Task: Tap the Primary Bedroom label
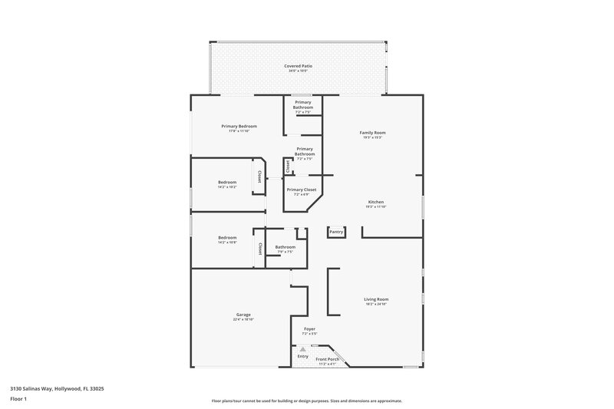pos(239,126)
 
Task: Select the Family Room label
pos(373,133)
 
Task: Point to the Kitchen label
pos(376,202)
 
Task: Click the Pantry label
pos(335,232)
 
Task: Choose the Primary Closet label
pos(302,190)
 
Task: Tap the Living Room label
pos(376,299)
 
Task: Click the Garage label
pos(243,315)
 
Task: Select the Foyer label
pos(309,329)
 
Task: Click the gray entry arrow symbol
pos(303,349)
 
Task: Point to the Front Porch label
pos(328,359)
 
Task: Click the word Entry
pos(303,356)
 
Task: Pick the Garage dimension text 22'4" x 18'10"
pos(243,319)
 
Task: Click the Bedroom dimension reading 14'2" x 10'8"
pos(227,242)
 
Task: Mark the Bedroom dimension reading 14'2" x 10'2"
pos(227,186)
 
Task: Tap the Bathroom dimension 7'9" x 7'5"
pos(285,252)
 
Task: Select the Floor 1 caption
pos(18,400)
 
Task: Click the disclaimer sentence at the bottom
pos(306,401)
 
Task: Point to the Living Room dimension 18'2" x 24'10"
pos(376,304)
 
